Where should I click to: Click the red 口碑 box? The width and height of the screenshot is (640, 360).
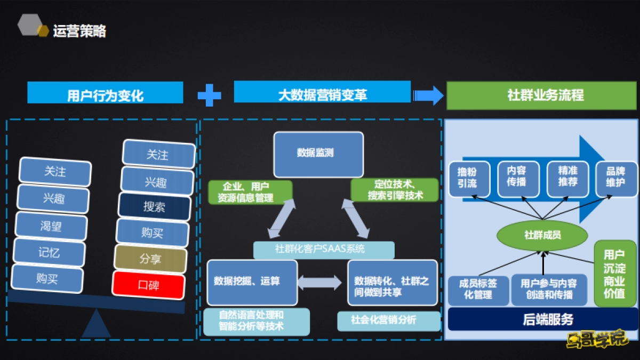148,285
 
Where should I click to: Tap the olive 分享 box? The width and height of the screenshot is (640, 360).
150,259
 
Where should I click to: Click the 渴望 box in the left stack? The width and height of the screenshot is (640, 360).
51,226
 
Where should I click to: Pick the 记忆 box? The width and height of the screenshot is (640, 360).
49,252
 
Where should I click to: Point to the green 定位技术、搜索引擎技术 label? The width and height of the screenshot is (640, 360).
395,190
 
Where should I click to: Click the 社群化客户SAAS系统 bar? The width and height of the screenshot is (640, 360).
323,249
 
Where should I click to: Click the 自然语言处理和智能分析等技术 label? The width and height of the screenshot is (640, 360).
256,322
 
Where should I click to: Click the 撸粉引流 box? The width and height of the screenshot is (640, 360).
467,177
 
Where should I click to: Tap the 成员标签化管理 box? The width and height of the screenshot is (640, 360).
478,290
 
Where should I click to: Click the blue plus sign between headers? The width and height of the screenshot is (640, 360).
209,95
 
